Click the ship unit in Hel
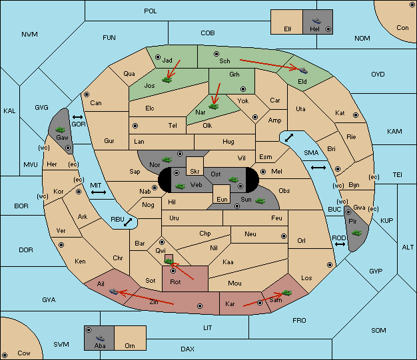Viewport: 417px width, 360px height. point(316,21)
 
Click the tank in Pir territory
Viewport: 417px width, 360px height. point(357,232)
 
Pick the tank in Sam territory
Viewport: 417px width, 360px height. point(287,292)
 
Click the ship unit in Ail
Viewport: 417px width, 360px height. point(114,291)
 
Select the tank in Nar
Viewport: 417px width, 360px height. point(214,104)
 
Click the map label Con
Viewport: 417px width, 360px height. point(402,28)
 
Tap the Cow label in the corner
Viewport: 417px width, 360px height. point(24,353)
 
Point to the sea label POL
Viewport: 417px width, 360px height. point(151,11)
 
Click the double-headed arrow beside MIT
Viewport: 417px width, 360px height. point(99,192)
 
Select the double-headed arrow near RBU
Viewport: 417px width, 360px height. point(127,222)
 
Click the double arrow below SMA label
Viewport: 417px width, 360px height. point(318,168)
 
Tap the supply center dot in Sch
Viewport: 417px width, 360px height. point(216,53)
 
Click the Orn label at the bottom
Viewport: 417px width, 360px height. point(130,346)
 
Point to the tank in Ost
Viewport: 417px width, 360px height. point(234,179)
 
